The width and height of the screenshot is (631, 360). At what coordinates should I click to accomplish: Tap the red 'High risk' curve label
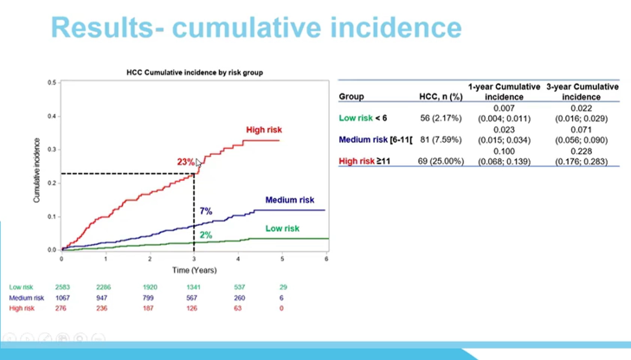pos(264,131)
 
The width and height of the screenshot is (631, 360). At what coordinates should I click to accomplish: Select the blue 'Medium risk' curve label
pos(289,200)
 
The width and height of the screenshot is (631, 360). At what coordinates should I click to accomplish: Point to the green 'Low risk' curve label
pos(282,228)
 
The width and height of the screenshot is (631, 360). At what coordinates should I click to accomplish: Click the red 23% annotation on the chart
pos(185,162)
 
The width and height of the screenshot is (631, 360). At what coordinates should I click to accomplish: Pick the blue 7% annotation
pos(205,211)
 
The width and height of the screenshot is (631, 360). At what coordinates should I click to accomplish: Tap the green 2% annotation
pos(205,235)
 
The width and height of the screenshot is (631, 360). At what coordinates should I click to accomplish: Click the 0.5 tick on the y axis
pos(51,83)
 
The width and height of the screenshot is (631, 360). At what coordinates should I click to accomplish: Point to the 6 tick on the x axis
pos(326,259)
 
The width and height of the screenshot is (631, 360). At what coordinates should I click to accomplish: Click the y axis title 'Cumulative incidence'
pos(37,170)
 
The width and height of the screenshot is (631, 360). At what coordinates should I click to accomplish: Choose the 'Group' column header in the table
pos(351,97)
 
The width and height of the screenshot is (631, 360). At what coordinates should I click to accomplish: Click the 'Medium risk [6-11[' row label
pos(375,139)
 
